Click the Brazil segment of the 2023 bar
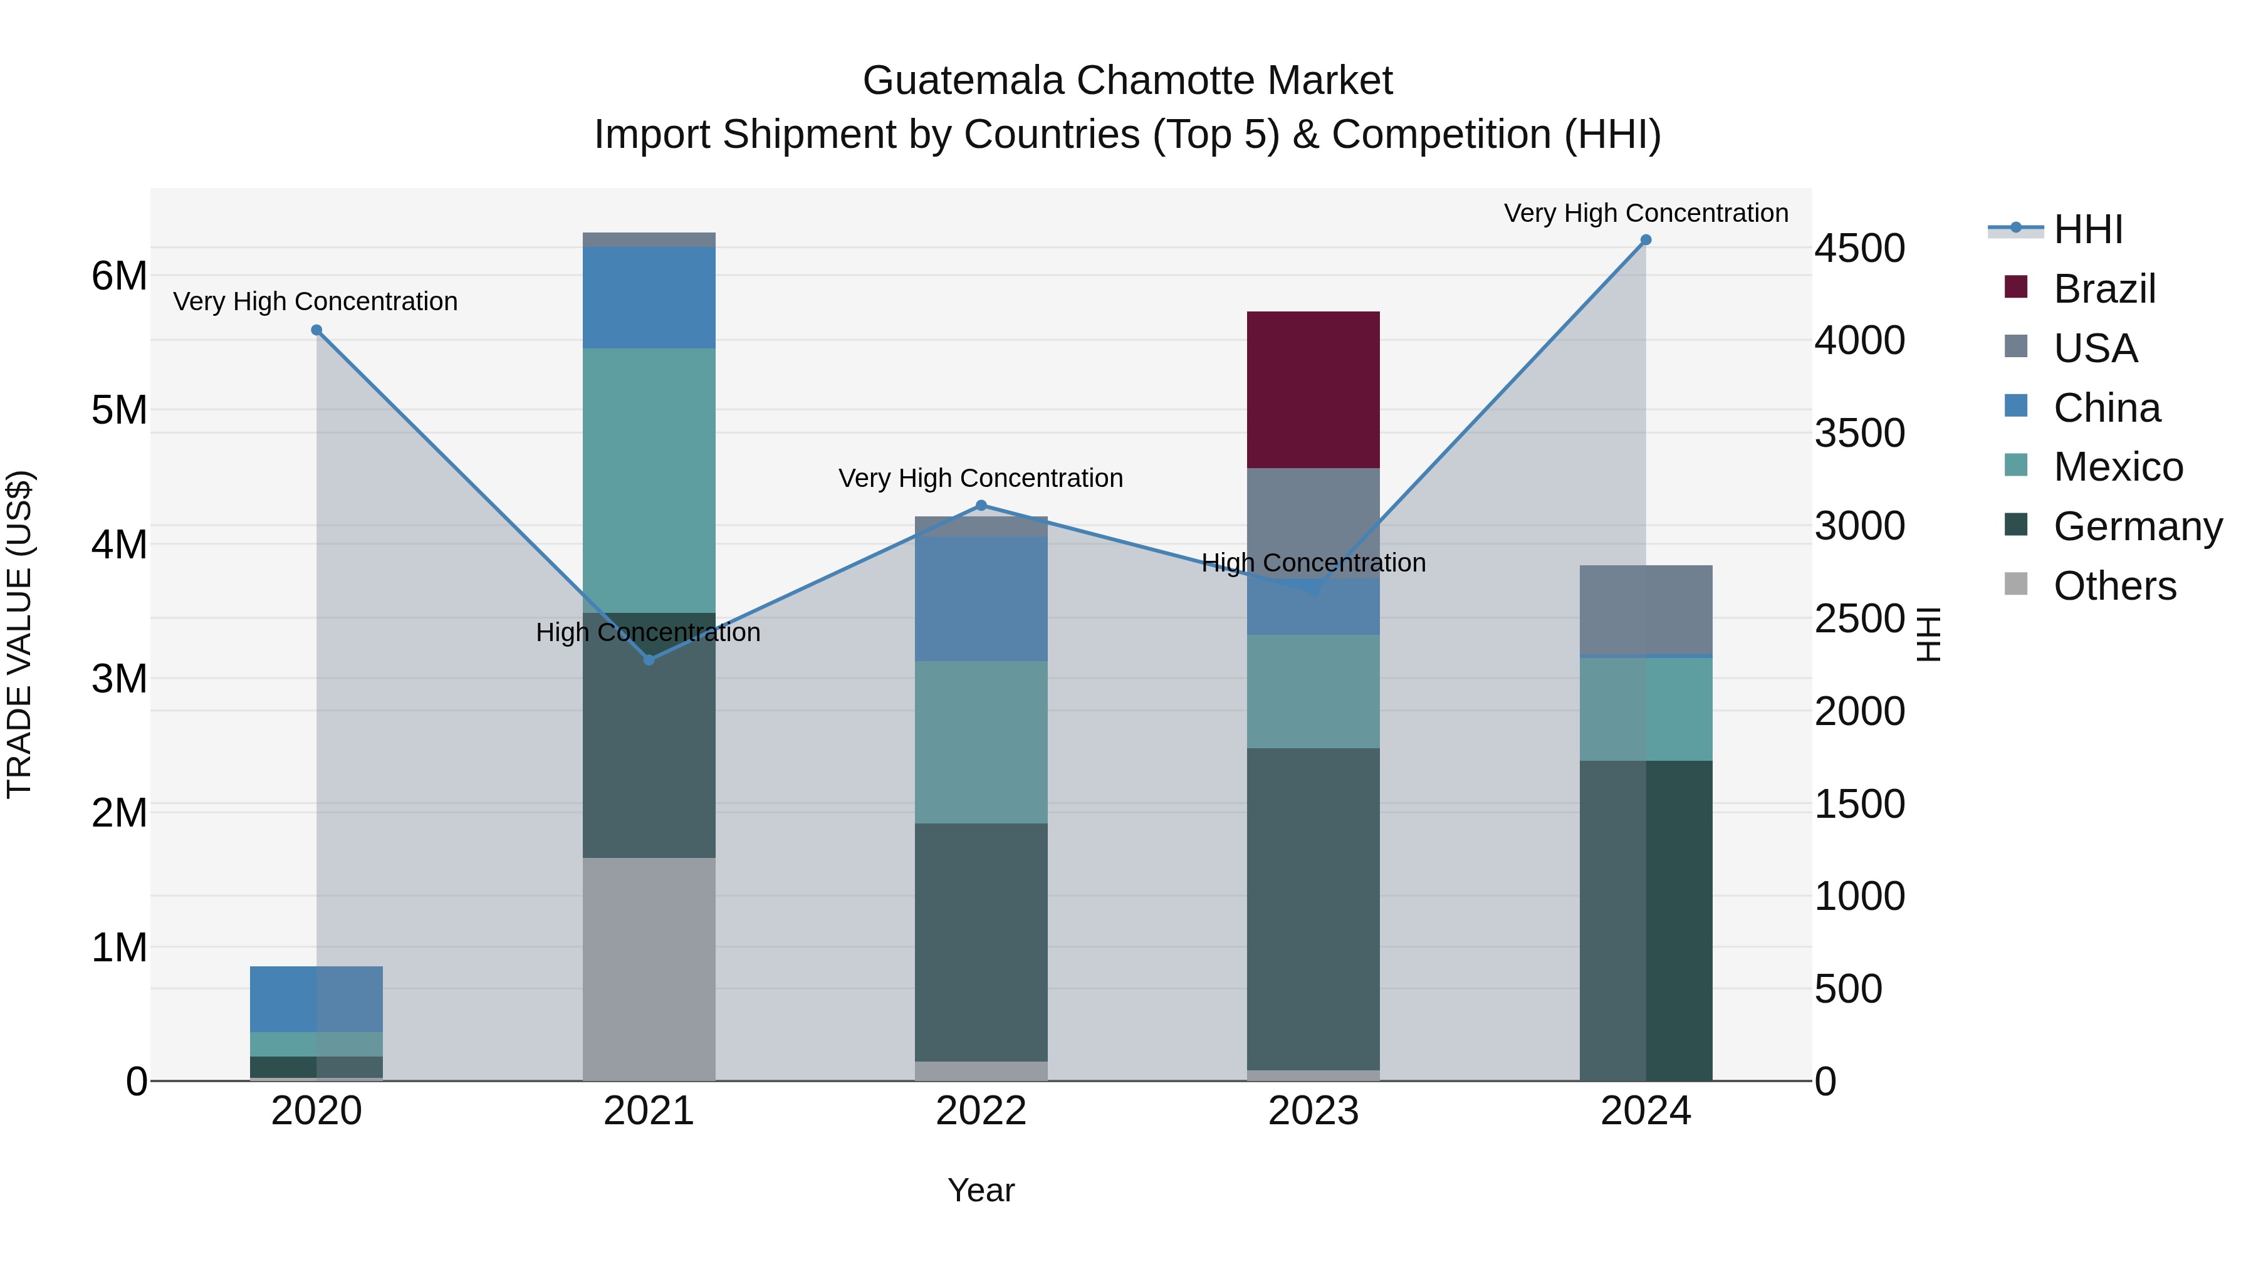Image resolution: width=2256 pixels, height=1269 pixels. pos(1313,390)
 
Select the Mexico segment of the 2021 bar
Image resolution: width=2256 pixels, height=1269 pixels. pos(649,480)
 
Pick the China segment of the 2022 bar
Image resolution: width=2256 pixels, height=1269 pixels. pos(981,598)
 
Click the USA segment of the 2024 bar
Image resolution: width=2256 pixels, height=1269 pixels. pos(1646,610)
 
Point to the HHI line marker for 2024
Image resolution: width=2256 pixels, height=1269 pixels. pos(1646,240)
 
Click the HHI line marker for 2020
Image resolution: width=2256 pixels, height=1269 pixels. pos(317,330)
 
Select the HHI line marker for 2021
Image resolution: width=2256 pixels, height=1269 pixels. pos(649,659)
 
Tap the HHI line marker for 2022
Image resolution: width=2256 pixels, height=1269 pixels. pos(981,505)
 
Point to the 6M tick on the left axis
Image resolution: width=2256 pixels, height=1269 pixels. pos(119,276)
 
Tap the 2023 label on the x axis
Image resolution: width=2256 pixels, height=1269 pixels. pos(1313,1111)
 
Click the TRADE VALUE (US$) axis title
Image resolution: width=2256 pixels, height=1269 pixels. pos(19,634)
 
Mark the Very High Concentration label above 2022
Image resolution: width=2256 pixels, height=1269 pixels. pos(981,478)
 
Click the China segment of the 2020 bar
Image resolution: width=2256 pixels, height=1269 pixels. pos(316,1000)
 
